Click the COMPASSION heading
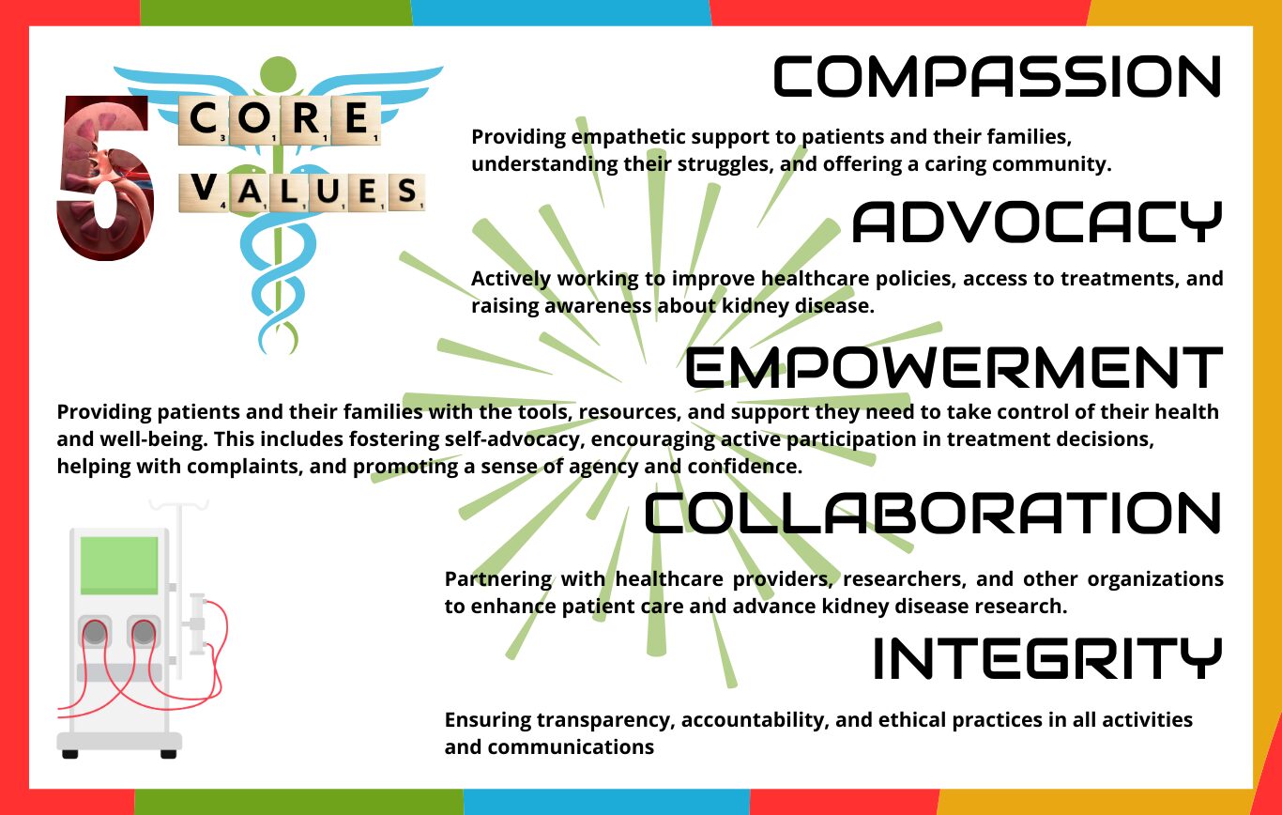tap(997, 76)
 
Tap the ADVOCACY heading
tap(1037, 222)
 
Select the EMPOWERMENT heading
tap(954, 367)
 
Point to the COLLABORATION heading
tap(933, 513)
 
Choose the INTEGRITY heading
tap(1047, 658)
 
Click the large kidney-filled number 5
tap(105, 177)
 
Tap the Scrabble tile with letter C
tap(203, 119)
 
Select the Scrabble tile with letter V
tap(204, 192)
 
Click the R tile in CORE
tap(305, 119)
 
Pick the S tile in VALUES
tap(406, 192)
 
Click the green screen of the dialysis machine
tap(119, 565)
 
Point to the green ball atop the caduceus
tap(278, 74)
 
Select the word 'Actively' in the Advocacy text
tap(511, 279)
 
